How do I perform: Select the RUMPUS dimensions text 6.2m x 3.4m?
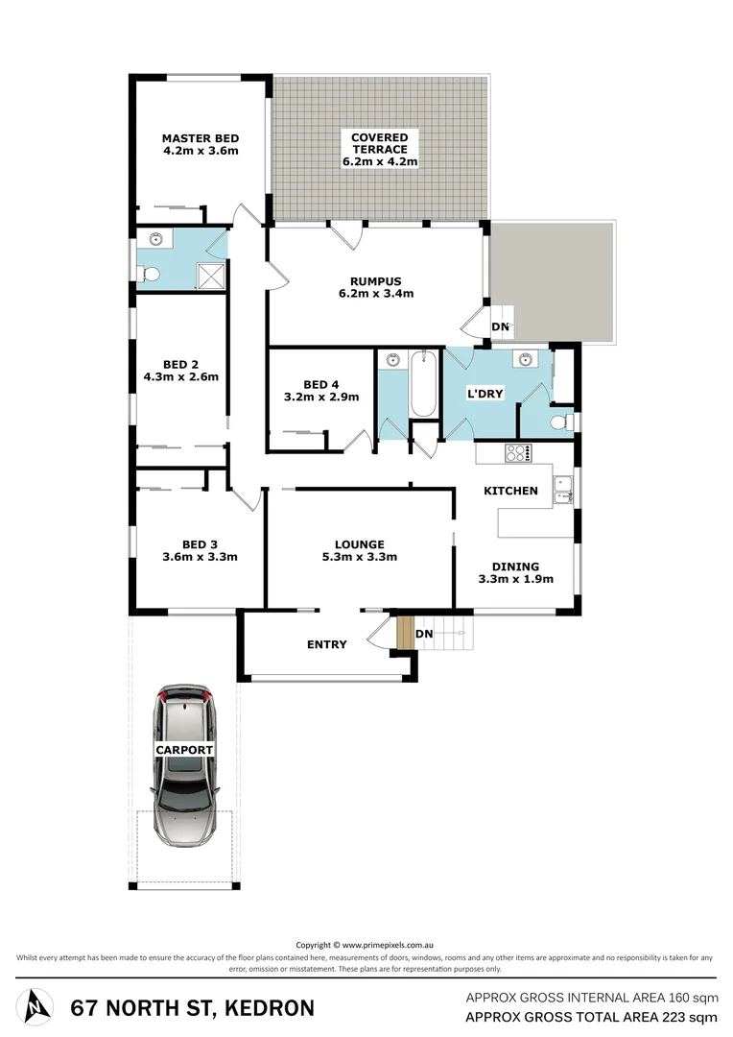[x=376, y=295]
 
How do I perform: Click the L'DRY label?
[x=485, y=394]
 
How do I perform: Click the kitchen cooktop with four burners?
[x=519, y=454]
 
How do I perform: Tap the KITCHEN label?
[x=510, y=491]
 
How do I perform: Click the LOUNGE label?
[x=360, y=543]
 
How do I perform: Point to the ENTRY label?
[x=326, y=644]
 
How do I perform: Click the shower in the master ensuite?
[x=212, y=275]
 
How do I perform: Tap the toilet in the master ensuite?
[x=150, y=275]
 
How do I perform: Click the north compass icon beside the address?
[x=35, y=1006]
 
